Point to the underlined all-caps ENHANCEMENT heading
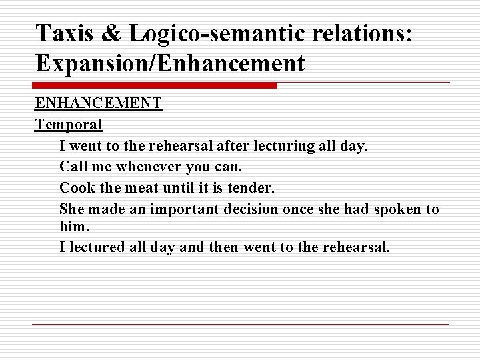click(98, 104)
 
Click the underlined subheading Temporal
click(69, 124)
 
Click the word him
click(73, 227)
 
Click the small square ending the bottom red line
click(445, 324)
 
